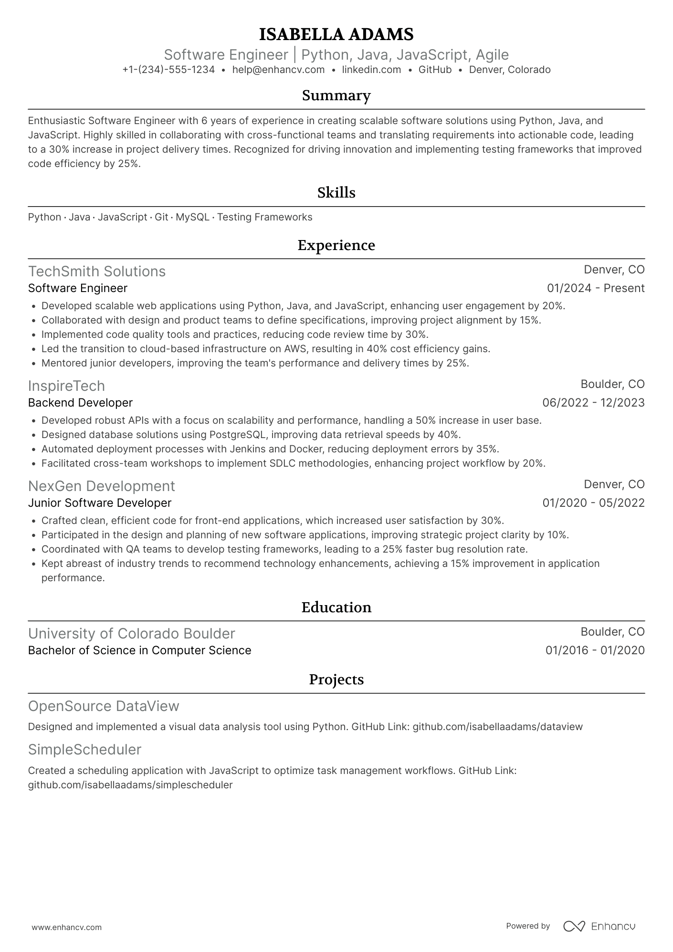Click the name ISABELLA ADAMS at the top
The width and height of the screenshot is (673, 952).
pyautogui.click(x=336, y=34)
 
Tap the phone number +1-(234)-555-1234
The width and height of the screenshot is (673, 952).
pyautogui.click(x=168, y=70)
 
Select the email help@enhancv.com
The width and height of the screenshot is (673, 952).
pyautogui.click(x=278, y=70)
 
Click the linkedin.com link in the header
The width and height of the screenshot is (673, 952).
pyautogui.click(x=371, y=70)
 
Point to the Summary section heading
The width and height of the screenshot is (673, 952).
pyautogui.click(x=336, y=95)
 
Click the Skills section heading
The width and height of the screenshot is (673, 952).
pyautogui.click(x=336, y=193)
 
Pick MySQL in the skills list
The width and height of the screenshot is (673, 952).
pyautogui.click(x=192, y=217)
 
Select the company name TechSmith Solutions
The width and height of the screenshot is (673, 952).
pyautogui.click(x=97, y=271)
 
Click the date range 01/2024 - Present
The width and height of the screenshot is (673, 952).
pyautogui.click(x=596, y=288)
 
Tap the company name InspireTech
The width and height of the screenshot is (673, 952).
pyautogui.click(x=66, y=386)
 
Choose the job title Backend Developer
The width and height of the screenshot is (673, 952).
pyautogui.click(x=80, y=403)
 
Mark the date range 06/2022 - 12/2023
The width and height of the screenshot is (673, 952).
pyautogui.click(x=593, y=403)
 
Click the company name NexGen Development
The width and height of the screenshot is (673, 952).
pyautogui.click(x=102, y=486)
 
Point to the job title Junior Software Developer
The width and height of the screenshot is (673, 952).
pyautogui.click(x=100, y=503)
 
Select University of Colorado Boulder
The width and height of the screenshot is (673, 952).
pyautogui.click(x=132, y=633)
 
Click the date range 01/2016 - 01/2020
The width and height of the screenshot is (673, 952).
pyautogui.click(x=595, y=650)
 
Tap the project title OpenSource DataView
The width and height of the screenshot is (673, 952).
pyautogui.click(x=104, y=706)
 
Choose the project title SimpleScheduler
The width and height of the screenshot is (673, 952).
pyautogui.click(x=85, y=749)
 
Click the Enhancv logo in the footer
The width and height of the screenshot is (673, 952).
pyautogui.click(x=599, y=926)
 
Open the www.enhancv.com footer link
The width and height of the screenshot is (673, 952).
pyautogui.click(x=67, y=927)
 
